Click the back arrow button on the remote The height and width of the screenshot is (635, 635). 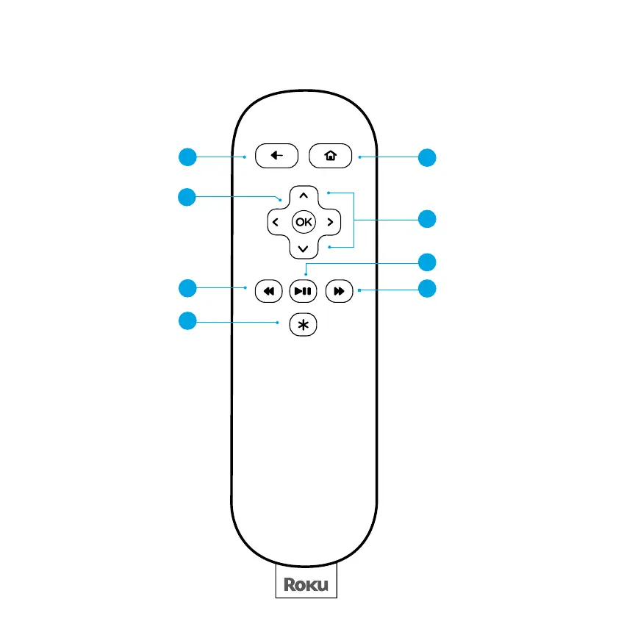point(276,156)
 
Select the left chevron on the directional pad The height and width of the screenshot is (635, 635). point(275,221)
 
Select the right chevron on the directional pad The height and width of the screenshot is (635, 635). point(331,221)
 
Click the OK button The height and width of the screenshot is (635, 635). point(303,221)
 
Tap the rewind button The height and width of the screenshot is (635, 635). point(268,291)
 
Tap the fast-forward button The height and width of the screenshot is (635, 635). point(337,291)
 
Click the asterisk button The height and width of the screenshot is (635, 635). point(302,325)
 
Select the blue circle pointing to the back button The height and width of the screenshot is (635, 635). point(187,156)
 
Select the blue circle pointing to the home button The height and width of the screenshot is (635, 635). point(426,157)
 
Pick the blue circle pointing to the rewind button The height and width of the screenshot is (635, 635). point(187,287)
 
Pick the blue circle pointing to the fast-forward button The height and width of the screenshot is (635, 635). point(426,289)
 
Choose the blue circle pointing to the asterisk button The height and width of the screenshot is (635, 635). point(187,320)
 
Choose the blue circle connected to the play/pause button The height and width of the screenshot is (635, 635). point(426,262)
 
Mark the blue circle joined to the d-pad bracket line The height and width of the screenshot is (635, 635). point(426,219)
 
